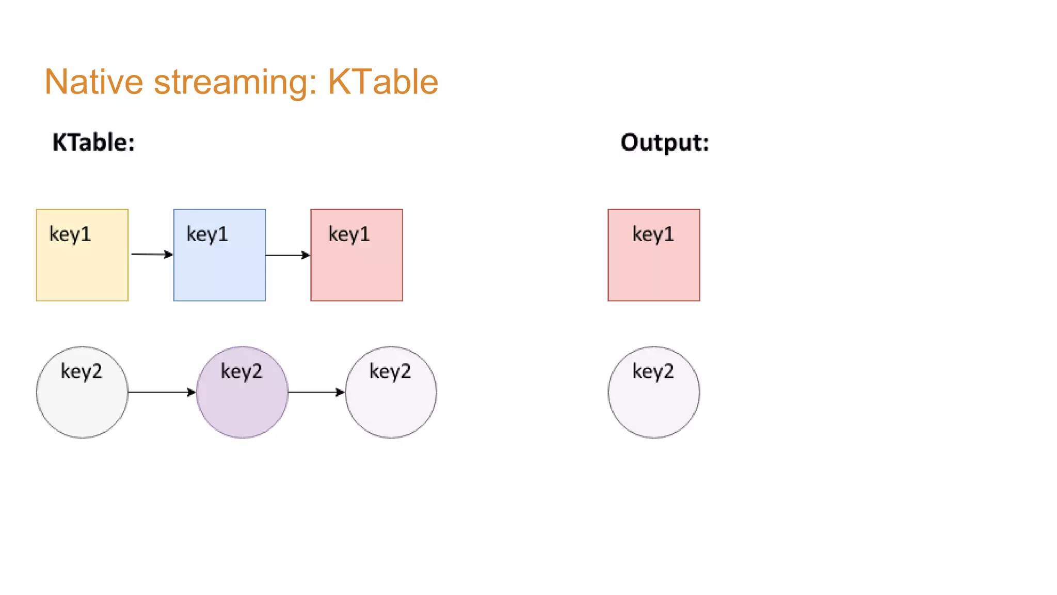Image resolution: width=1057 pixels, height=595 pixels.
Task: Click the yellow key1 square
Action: (x=82, y=255)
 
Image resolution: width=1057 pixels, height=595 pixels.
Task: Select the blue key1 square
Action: (x=219, y=255)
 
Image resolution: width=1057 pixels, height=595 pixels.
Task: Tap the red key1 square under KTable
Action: (x=357, y=255)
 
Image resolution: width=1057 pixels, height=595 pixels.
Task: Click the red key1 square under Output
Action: (x=654, y=255)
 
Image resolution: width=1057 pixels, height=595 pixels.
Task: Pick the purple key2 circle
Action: (x=242, y=393)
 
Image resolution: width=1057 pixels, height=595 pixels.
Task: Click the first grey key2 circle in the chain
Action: (x=82, y=393)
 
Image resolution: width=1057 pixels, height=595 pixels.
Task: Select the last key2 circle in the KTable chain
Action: (x=391, y=393)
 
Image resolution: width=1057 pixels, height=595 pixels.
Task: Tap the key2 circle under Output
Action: (x=654, y=393)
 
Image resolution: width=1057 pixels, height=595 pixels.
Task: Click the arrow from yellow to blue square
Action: (x=152, y=254)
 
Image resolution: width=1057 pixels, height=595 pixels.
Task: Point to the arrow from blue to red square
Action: (x=287, y=255)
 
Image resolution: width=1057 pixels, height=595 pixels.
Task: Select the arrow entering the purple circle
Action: (x=162, y=393)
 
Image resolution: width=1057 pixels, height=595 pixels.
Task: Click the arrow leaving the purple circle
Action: (x=316, y=393)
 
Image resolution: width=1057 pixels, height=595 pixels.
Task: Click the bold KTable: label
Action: (x=93, y=142)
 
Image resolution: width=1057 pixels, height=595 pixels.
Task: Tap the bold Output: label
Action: (x=665, y=142)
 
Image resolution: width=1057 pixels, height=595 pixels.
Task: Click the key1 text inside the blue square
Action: (x=207, y=234)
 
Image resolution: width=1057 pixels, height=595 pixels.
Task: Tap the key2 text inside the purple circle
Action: (x=242, y=371)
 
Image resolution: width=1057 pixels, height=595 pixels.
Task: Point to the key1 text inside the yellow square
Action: (x=70, y=234)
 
